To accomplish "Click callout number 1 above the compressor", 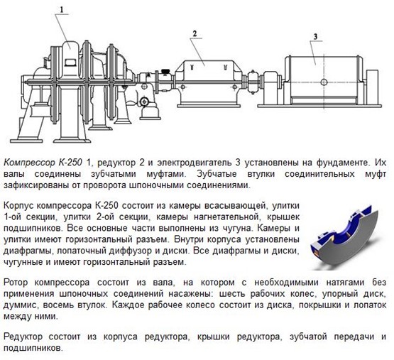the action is [x=62, y=9].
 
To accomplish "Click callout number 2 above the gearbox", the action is [x=195, y=33].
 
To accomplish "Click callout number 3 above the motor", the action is [x=315, y=37].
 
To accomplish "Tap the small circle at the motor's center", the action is [x=324, y=82].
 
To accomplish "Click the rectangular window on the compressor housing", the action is [x=70, y=62].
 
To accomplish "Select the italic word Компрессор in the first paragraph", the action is [x=30, y=163].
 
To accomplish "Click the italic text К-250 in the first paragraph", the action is [x=70, y=163].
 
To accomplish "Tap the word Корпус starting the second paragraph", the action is [x=19, y=206].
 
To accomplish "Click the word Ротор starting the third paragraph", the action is [x=16, y=283].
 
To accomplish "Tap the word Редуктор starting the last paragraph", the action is [x=23, y=337].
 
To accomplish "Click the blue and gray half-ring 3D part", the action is [x=345, y=239].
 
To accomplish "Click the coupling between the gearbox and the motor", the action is [x=252, y=82].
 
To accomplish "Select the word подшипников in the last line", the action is [x=32, y=348].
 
